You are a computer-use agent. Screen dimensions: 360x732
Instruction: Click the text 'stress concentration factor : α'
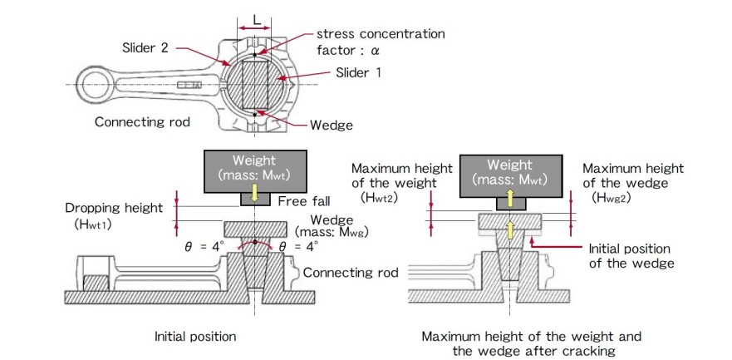(380, 42)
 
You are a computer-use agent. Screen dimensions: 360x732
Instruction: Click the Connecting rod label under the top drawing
(142, 121)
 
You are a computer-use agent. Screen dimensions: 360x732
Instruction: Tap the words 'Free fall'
(304, 201)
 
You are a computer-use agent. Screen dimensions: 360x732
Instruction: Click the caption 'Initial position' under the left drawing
(195, 337)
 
